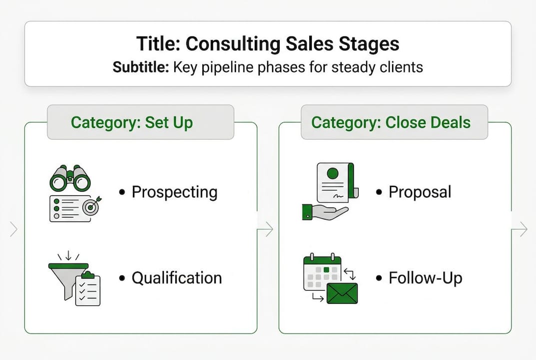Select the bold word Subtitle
pos(140,67)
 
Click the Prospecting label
pos(174,192)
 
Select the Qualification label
pos(176,278)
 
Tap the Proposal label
pos(420,192)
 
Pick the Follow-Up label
pos(425,278)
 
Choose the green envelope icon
pos(342,293)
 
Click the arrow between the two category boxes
pos(267,229)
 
